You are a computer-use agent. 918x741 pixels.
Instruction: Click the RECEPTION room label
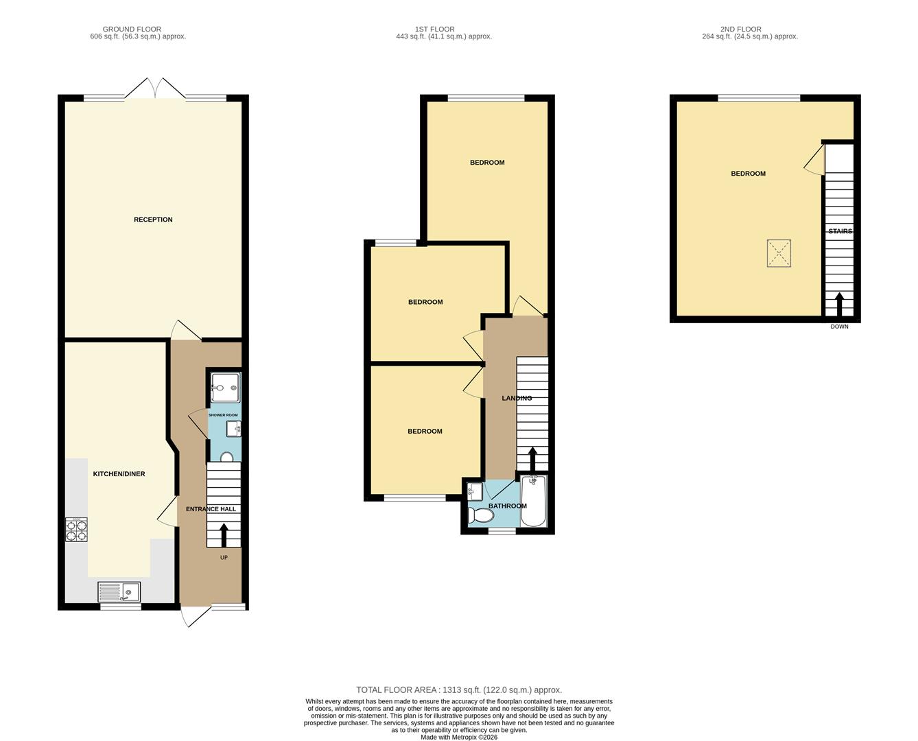click(x=153, y=220)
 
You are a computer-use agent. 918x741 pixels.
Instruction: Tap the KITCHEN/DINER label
click(x=119, y=474)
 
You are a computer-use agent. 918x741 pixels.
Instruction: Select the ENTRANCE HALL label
click(x=211, y=509)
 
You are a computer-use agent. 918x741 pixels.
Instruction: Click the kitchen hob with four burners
click(x=76, y=530)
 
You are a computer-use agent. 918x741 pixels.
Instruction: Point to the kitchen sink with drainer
click(x=119, y=591)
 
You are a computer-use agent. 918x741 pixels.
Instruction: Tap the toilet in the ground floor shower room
click(x=227, y=457)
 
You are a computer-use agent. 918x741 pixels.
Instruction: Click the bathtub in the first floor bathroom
click(x=533, y=502)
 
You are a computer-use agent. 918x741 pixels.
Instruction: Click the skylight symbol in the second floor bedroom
click(x=779, y=252)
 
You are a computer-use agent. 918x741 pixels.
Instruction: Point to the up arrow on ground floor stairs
click(x=224, y=534)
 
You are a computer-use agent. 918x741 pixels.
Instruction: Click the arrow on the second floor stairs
click(x=839, y=305)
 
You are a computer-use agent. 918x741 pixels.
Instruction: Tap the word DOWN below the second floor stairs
click(x=839, y=327)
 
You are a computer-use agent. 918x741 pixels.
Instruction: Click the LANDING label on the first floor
click(x=517, y=398)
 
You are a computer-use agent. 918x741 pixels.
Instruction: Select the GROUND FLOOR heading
click(x=132, y=30)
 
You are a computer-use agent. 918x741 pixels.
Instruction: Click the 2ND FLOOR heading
click(x=740, y=30)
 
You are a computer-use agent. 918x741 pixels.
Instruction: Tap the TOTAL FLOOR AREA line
click(x=458, y=690)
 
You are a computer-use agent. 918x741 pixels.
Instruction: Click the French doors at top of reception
click(x=155, y=89)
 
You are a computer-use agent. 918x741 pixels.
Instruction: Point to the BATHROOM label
click(x=507, y=506)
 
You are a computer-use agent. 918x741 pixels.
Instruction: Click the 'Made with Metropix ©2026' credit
click(x=458, y=737)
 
